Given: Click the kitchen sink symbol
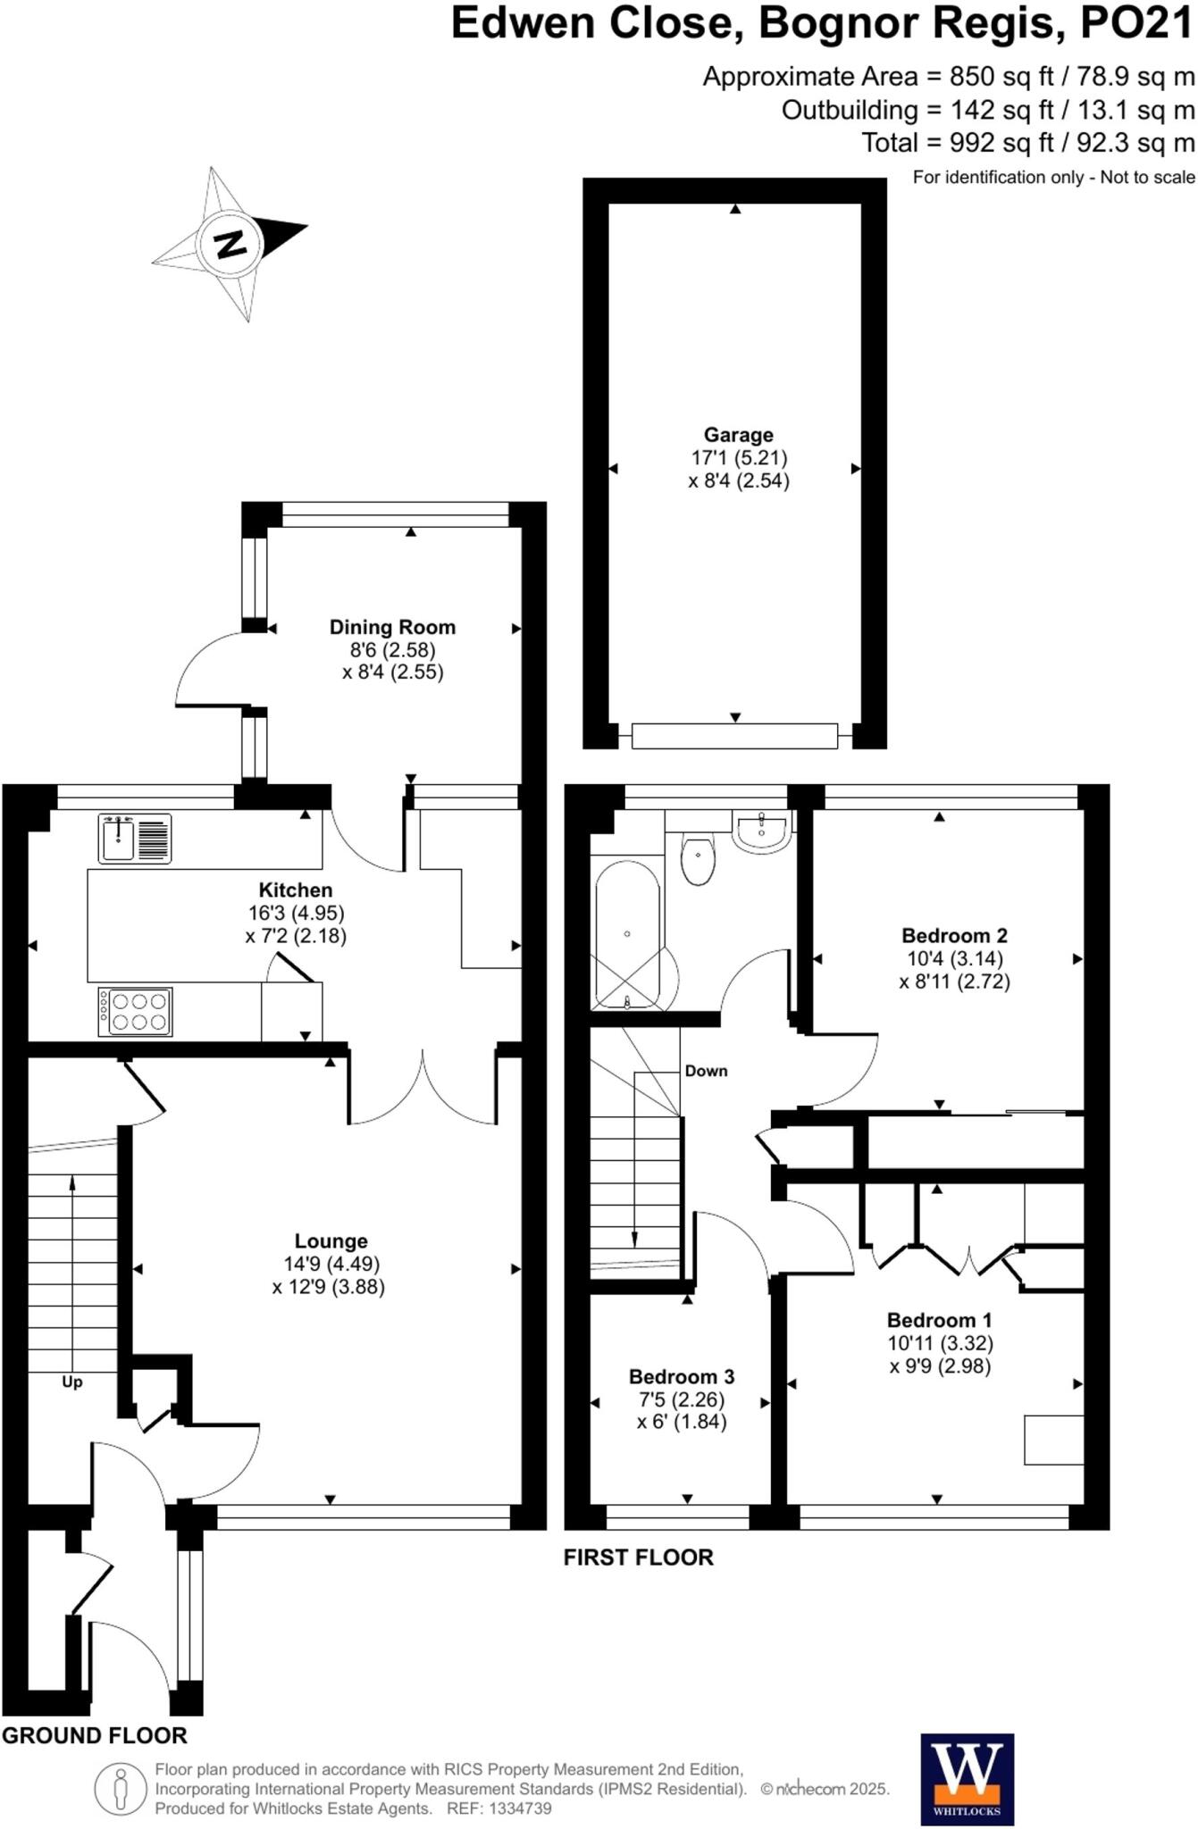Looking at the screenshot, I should [x=135, y=839].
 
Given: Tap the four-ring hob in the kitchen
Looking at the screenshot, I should [x=135, y=1011].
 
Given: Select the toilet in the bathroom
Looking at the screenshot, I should [x=698, y=858].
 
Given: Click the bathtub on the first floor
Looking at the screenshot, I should [x=628, y=934].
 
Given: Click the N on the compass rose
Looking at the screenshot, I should [x=231, y=243].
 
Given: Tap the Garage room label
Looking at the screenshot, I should [x=738, y=435].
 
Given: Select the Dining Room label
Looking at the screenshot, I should [x=392, y=627].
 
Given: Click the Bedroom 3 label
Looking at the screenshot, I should [x=681, y=1376].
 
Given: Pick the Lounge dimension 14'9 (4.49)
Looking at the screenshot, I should [x=331, y=1264].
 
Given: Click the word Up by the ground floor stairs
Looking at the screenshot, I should [x=72, y=1382].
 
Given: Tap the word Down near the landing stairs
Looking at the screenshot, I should [x=706, y=1071].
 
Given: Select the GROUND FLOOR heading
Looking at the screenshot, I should [x=95, y=1734].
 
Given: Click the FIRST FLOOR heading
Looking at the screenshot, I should [x=638, y=1557].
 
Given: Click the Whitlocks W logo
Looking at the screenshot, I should [x=967, y=1777].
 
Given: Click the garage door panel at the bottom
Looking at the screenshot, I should [x=734, y=736].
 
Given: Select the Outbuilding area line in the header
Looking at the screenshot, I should [x=987, y=110].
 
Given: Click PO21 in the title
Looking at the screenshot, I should [x=1136, y=24].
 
